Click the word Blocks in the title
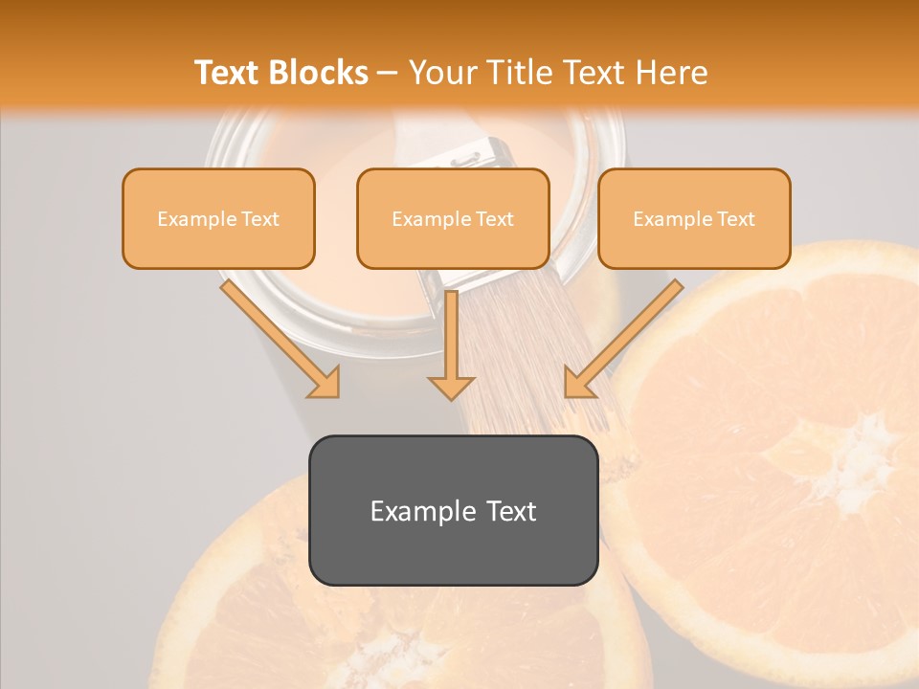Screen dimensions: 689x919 click(x=320, y=73)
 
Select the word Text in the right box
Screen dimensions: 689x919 click(x=735, y=218)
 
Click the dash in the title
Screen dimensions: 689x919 click(x=388, y=73)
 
